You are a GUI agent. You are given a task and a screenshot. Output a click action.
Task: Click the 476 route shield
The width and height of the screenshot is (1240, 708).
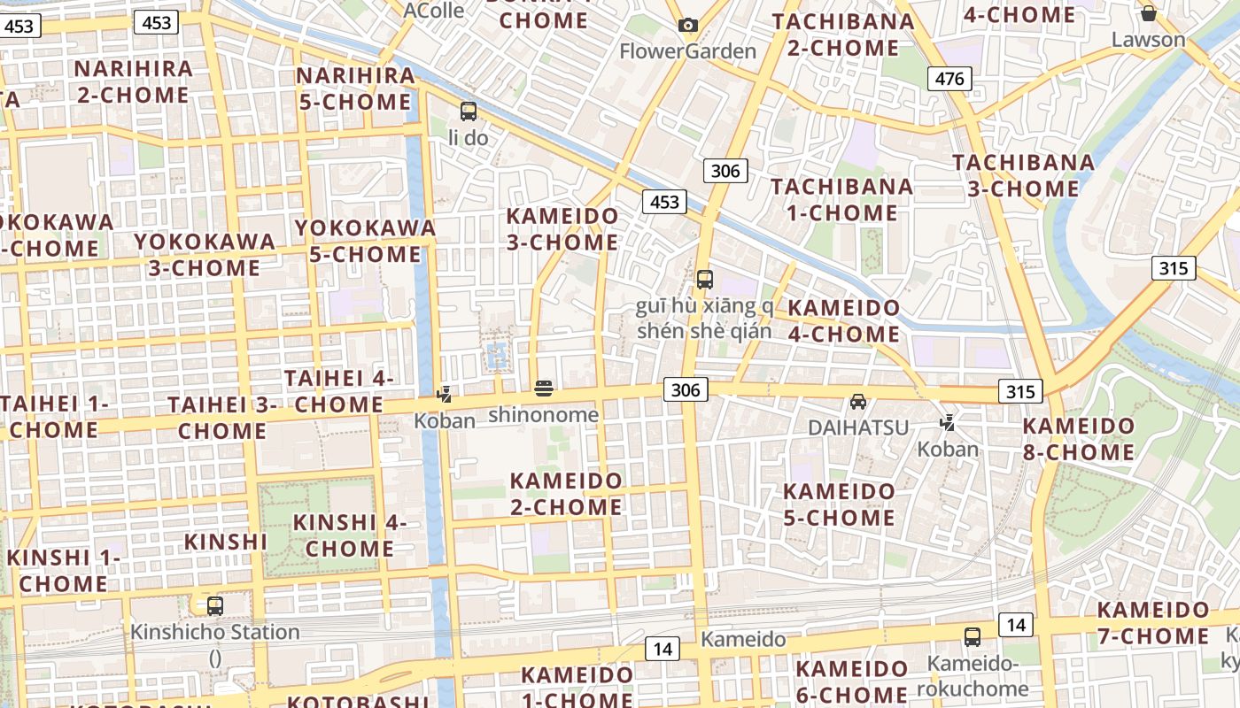point(949,79)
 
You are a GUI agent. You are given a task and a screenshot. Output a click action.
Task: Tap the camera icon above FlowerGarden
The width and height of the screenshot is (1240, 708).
point(688,25)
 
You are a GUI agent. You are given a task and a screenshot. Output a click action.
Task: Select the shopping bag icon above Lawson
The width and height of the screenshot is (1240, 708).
point(1149,13)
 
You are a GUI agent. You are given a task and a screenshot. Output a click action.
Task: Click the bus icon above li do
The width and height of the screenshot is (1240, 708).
point(469,112)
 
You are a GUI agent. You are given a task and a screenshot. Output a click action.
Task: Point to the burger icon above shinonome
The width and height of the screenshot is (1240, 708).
point(544,388)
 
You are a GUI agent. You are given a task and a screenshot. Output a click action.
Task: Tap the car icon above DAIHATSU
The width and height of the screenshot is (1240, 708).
point(857,402)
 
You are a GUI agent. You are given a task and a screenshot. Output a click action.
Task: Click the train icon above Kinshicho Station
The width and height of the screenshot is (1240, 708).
point(215,606)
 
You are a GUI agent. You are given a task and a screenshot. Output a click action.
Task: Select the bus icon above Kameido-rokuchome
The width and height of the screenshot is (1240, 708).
point(973,636)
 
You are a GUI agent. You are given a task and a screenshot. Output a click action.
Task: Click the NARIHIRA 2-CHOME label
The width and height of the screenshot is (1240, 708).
point(134,81)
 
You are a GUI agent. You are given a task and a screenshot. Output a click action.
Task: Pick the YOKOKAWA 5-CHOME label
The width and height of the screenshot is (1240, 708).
point(365,241)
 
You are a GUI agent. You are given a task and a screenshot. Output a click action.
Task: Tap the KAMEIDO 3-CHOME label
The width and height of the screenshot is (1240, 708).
point(562,228)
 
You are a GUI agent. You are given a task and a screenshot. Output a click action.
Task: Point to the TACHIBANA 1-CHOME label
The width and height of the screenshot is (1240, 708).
point(841,199)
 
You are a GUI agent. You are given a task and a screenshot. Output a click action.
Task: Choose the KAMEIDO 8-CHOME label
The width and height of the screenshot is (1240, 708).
point(1078,439)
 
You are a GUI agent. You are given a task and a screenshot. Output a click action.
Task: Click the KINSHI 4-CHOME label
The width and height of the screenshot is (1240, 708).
point(350,535)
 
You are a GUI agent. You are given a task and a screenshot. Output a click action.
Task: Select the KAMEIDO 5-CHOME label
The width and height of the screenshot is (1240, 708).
point(839,504)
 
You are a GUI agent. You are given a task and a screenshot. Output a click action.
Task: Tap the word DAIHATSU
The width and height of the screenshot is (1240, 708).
point(858,427)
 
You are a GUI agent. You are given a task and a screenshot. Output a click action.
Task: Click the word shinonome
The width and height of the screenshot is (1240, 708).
point(543,414)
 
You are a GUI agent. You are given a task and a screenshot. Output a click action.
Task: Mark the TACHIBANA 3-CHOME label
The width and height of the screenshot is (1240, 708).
point(1023,175)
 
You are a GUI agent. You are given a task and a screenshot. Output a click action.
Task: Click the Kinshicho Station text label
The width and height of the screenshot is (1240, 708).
point(215,632)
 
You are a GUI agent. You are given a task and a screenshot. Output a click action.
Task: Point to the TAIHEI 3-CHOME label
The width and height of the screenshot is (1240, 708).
point(222,418)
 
